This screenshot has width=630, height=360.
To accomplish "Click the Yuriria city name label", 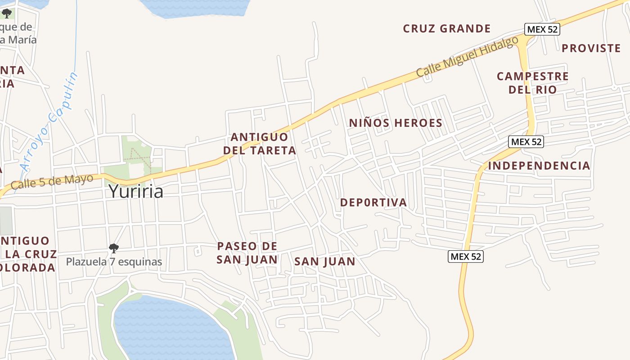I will [135, 192].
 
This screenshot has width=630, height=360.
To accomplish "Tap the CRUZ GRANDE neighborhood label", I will [446, 29].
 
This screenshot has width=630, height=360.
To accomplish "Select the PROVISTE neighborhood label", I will [591, 48].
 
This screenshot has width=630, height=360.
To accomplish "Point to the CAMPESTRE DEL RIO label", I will [532, 83].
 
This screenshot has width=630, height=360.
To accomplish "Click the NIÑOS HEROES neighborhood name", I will [396, 123].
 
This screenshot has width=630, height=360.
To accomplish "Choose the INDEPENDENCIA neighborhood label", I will [539, 166].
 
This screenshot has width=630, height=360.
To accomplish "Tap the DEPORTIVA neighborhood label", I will [373, 202].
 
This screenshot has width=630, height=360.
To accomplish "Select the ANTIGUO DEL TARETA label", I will [263, 144].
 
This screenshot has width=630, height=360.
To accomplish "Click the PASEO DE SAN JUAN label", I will [247, 253].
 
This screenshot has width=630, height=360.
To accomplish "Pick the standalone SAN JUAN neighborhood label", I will [324, 261].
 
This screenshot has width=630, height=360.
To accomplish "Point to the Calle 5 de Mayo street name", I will [52, 181].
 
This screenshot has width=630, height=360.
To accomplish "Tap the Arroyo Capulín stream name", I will [49, 121].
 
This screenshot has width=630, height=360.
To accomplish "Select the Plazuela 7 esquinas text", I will [114, 261].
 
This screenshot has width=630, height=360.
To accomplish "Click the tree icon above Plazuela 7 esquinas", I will [114, 248].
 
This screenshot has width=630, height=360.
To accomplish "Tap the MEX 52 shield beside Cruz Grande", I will [542, 29].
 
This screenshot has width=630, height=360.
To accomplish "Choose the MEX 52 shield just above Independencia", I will [526, 142].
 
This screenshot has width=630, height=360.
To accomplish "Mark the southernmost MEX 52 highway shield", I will [466, 256].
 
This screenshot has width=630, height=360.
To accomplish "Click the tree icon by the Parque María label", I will [7, 13].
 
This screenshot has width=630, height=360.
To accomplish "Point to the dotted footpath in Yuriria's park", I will [138, 154].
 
